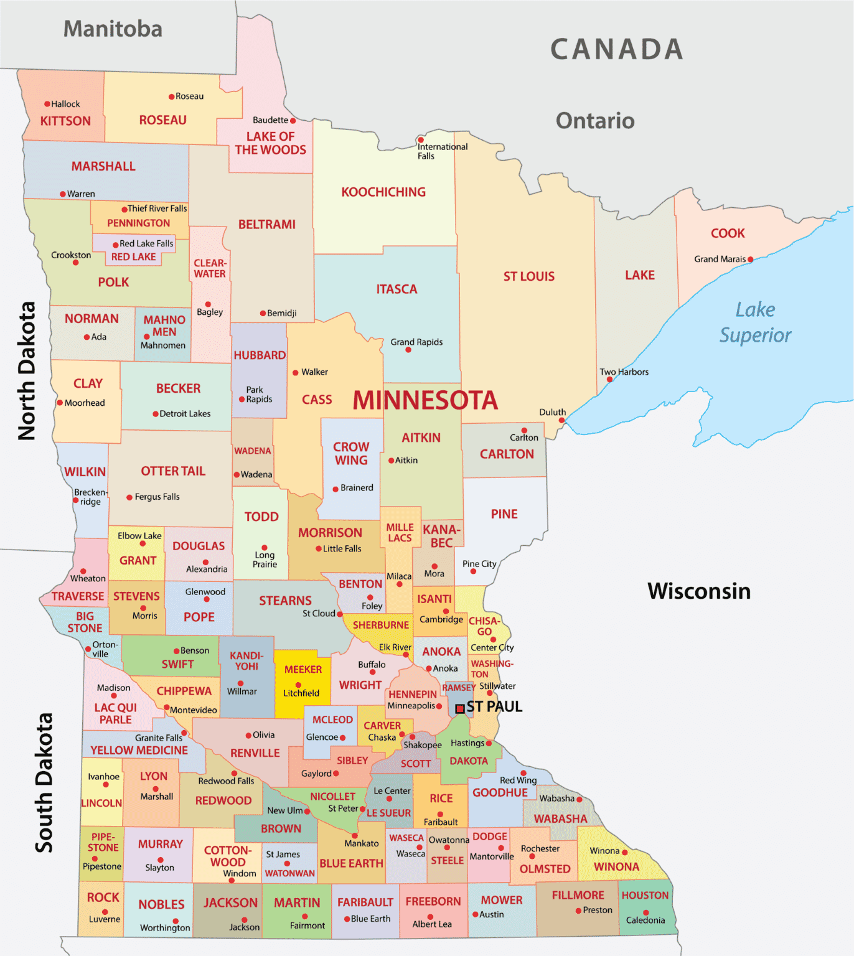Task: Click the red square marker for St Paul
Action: coord(460,708)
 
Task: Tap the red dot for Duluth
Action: coord(561,421)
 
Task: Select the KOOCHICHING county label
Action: coord(383,192)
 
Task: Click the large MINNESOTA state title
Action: coord(425,400)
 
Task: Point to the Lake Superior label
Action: coord(755,322)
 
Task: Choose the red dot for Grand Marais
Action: coord(750,260)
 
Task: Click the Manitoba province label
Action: coord(113,29)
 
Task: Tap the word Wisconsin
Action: coord(699,591)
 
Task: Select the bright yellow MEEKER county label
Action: coord(303,670)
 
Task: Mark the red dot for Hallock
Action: coord(47,104)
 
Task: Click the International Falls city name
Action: coord(442,151)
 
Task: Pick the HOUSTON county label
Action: coord(645,896)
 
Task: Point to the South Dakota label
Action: coord(44,783)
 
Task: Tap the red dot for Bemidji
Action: coord(263,314)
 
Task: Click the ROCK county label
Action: coord(103,897)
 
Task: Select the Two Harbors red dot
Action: coord(610,380)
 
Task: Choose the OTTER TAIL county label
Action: coord(173,471)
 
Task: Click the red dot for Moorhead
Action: coord(60,403)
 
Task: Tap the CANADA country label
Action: coord(616,50)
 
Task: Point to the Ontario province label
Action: coord(595,121)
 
